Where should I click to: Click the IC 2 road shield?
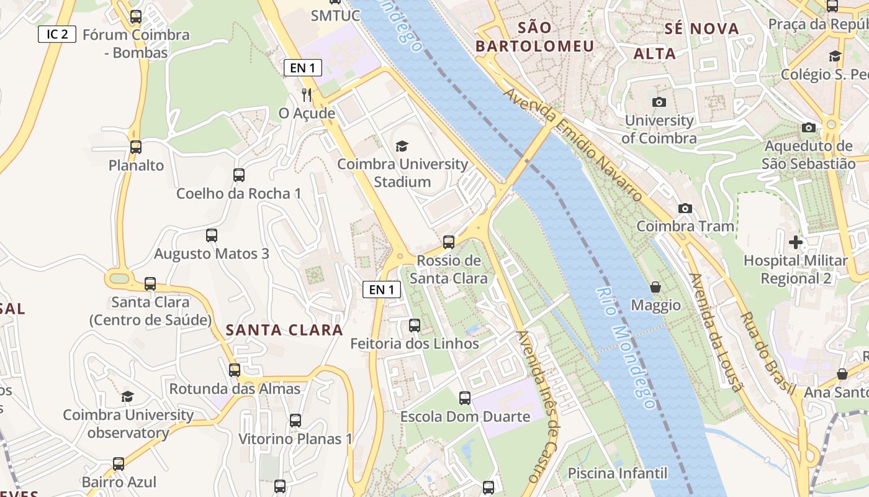pos(57,34)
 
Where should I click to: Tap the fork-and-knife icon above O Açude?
pos(307,94)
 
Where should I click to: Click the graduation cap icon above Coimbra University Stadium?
pos(402,146)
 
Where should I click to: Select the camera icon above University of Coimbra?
pos(659,102)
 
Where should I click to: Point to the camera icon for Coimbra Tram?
pos(685,208)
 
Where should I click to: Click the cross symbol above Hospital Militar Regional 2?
pos(796,242)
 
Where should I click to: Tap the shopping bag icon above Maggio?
pos(655,287)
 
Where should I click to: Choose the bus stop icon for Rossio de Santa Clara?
pos(449,242)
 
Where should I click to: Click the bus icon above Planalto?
pos(136,147)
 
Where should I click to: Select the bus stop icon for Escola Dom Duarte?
pos(465,398)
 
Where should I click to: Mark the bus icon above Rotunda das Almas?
pos(235,370)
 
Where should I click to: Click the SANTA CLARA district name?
pos(284,330)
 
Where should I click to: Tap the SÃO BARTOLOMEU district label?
pos(534,37)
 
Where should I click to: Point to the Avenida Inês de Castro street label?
pos(538,407)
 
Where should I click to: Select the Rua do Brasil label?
pos(767,354)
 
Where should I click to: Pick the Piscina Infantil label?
pos(618,473)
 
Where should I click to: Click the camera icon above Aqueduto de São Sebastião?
pos(809,128)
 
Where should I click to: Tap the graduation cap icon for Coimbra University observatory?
pos(127,396)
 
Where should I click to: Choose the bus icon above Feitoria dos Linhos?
pos(415,325)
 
